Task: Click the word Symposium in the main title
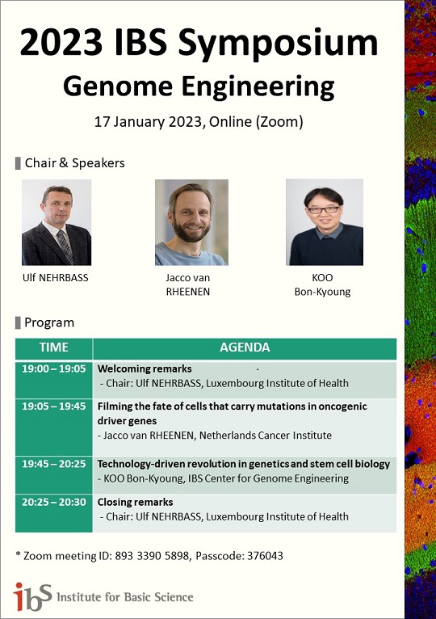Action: (x=278, y=43)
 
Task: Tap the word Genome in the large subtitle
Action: (x=118, y=86)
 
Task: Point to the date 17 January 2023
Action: (x=148, y=121)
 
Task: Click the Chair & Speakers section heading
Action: (x=74, y=162)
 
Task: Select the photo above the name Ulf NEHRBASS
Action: (x=57, y=222)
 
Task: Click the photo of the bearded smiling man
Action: (x=191, y=222)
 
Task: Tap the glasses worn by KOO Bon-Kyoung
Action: (x=324, y=209)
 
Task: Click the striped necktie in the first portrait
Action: (x=65, y=246)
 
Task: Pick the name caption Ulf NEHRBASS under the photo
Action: (x=55, y=277)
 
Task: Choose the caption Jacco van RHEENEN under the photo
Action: (x=188, y=284)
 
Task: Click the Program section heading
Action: (x=49, y=322)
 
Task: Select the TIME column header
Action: (x=53, y=347)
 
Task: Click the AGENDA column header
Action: (x=245, y=347)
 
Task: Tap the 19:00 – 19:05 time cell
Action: (x=53, y=368)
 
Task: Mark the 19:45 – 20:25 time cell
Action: (x=53, y=464)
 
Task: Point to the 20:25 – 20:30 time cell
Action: (x=53, y=502)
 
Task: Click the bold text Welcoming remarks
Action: (x=145, y=368)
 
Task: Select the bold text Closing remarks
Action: (x=135, y=502)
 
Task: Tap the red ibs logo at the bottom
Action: (x=32, y=596)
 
